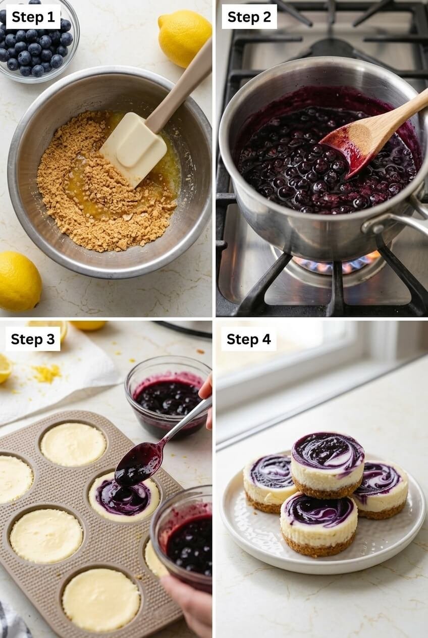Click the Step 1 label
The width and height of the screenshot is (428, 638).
[33, 17]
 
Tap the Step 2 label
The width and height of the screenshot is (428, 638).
[249, 17]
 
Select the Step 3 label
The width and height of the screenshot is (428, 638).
[33, 339]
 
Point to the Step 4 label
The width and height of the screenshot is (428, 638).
[248, 339]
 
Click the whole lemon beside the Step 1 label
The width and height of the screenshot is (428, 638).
[184, 37]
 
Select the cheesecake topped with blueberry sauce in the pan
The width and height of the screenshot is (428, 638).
[124, 497]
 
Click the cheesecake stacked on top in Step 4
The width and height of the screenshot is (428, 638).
[328, 461]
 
